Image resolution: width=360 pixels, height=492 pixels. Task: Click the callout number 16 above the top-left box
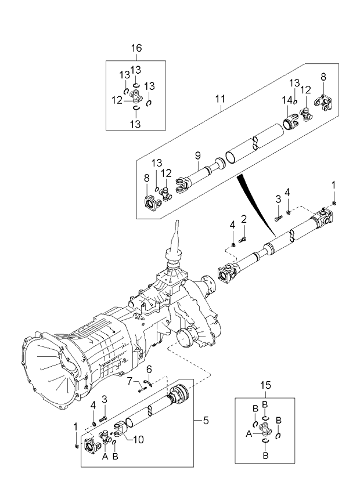click(x=135, y=48)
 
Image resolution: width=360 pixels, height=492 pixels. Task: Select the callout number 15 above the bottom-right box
click(x=265, y=385)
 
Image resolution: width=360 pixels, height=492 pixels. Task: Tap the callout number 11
click(x=219, y=99)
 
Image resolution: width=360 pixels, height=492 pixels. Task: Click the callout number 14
click(x=286, y=100)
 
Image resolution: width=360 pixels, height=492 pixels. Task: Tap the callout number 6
click(x=149, y=369)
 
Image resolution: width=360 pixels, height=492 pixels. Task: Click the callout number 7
click(x=131, y=381)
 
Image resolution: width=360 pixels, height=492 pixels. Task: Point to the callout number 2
click(x=244, y=219)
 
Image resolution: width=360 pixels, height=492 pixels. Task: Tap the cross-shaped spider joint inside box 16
click(x=135, y=95)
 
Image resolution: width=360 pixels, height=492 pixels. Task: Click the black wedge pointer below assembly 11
click(x=255, y=200)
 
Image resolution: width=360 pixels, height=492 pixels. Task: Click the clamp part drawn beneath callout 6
click(x=149, y=381)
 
